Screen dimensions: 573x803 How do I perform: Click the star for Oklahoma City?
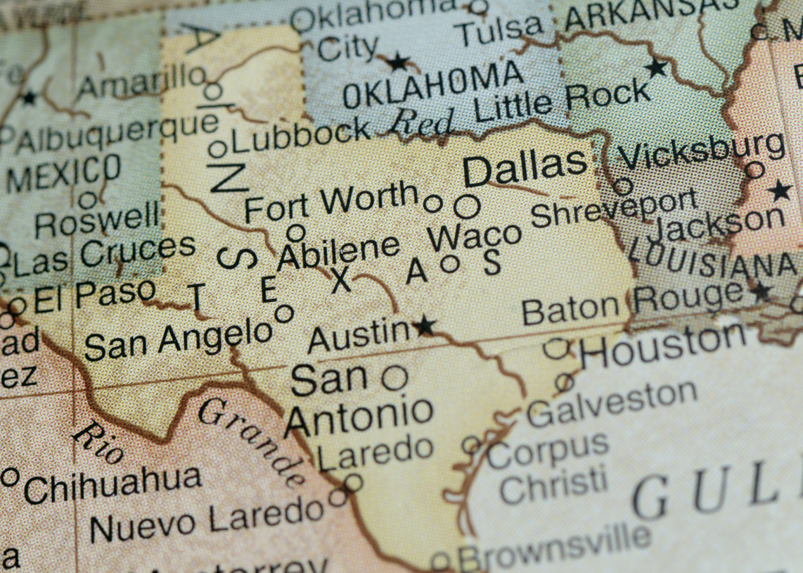(x=398, y=63)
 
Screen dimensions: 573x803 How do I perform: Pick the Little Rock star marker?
(x=656, y=67)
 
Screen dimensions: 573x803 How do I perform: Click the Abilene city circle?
(x=296, y=232)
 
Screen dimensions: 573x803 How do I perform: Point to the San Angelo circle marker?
(x=284, y=314)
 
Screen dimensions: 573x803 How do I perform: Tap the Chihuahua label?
(x=112, y=483)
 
